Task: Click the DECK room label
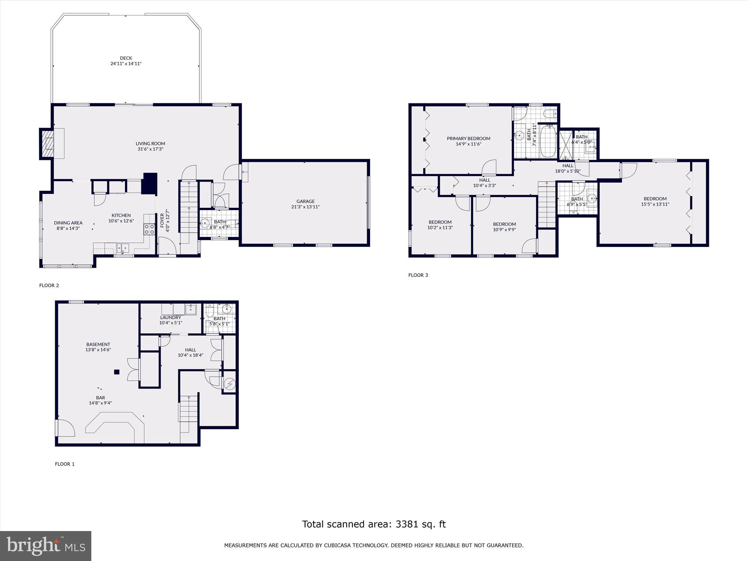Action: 126,58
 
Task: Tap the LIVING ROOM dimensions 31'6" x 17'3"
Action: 150,149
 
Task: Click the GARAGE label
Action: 305,201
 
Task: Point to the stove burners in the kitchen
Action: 149,229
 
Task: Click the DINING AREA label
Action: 68,223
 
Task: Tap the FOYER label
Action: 162,220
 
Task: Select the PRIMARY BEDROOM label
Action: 469,138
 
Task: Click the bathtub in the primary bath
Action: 548,141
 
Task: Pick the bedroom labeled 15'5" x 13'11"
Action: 655,202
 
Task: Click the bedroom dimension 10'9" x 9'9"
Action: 504,230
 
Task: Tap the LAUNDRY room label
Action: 171,317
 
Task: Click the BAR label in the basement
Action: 100,398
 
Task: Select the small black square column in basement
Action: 117,372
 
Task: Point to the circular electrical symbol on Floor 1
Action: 230,384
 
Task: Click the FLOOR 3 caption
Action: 418,275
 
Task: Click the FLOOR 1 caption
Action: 65,464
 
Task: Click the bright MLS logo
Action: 46,546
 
